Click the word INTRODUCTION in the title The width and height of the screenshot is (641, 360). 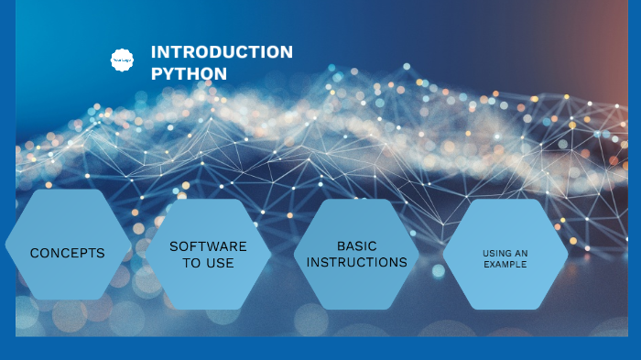click(x=222, y=52)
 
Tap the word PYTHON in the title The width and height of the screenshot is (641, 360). click(x=189, y=73)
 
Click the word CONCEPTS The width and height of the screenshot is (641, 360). click(x=68, y=253)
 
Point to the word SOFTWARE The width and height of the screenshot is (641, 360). click(x=208, y=246)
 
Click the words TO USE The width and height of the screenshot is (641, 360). click(x=208, y=263)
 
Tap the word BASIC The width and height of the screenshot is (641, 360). click(x=357, y=245)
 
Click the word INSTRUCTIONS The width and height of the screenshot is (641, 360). click(x=357, y=262)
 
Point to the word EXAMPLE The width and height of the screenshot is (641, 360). click(x=505, y=264)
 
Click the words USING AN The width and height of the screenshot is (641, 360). click(x=505, y=253)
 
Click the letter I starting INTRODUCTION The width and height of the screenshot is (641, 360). click(x=154, y=52)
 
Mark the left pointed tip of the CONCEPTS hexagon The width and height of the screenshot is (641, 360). click(x=6, y=245)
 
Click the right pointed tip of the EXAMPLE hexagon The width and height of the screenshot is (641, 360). click(x=569, y=256)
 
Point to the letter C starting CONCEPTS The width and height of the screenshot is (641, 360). click(x=35, y=253)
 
